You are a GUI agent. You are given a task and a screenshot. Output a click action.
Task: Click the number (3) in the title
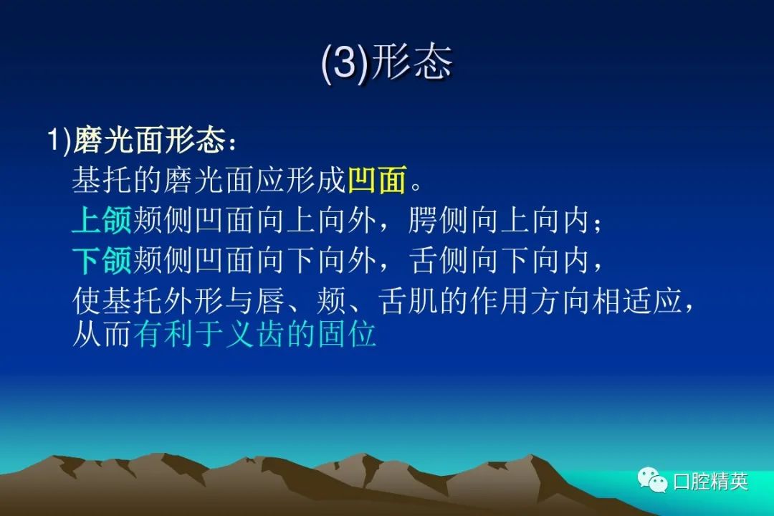(x=345, y=63)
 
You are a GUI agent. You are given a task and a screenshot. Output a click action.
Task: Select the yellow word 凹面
(x=378, y=178)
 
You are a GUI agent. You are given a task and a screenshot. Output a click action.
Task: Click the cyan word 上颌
(x=102, y=220)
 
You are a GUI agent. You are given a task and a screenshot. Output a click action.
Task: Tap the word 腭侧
(x=439, y=220)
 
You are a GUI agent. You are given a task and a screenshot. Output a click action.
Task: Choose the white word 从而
(x=102, y=334)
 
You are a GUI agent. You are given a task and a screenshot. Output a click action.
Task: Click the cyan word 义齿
(x=255, y=334)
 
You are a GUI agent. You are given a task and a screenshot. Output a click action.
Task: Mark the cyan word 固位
(x=347, y=334)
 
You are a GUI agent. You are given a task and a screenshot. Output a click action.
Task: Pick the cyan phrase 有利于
(x=178, y=334)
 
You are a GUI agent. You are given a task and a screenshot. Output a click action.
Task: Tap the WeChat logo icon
(x=651, y=479)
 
